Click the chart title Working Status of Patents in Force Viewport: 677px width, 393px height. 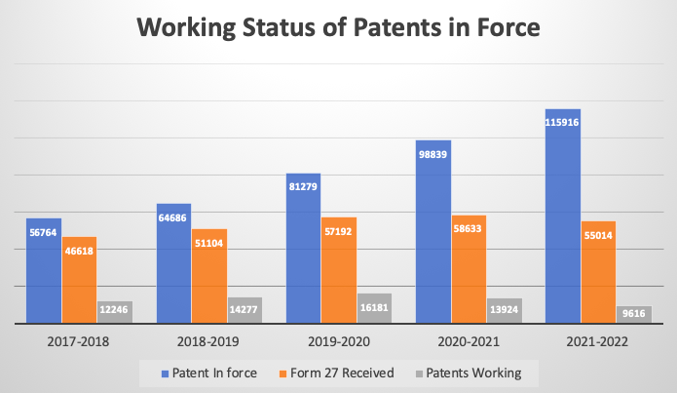pyautogui.click(x=338, y=28)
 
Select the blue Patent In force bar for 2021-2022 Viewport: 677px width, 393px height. pyautogui.click(x=563, y=216)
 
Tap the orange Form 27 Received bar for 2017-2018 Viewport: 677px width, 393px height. pyautogui.click(x=79, y=280)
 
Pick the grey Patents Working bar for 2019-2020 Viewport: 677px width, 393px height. pyautogui.click(x=374, y=308)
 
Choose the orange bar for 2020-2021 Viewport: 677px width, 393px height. pyautogui.click(x=469, y=269)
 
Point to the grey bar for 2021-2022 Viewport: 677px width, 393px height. pyautogui.click(x=633, y=314)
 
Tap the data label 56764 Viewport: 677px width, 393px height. pyautogui.click(x=44, y=233)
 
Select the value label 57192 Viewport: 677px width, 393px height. pyautogui.click(x=339, y=235)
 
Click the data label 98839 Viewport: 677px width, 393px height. pyautogui.click(x=433, y=157)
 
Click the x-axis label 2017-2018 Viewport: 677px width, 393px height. pyautogui.click(x=78, y=341)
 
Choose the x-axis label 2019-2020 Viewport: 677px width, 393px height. pyautogui.click(x=338, y=341)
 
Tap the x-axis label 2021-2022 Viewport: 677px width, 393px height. pyautogui.click(x=597, y=341)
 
